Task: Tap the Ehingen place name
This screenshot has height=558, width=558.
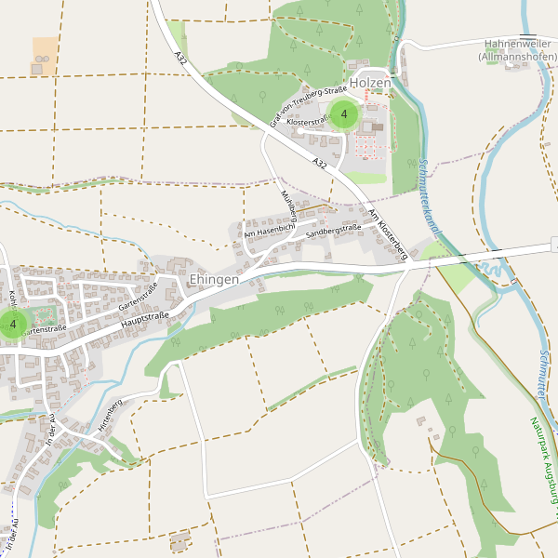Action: tap(214, 279)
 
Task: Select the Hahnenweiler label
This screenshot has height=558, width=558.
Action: tap(517, 44)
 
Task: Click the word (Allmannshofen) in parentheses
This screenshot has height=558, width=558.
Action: tap(517, 57)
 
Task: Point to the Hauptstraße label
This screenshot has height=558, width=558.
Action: tap(144, 323)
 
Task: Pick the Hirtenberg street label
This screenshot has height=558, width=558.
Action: tap(110, 415)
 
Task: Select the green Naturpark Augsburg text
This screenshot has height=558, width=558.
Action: tap(542, 465)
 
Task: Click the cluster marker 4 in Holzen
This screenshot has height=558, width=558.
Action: tap(344, 114)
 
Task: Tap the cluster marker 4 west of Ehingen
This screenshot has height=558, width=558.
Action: tap(13, 325)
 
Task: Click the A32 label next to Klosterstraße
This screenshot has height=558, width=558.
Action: tap(320, 164)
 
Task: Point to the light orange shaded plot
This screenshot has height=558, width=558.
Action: tap(44, 55)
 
